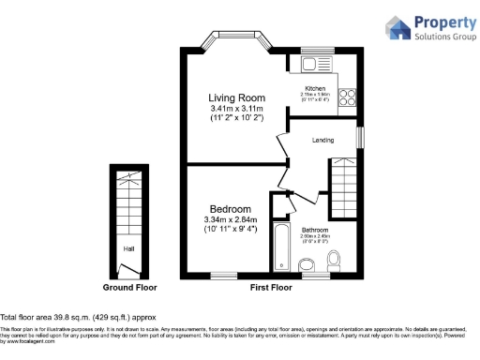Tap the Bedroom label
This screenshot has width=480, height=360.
point(230,208)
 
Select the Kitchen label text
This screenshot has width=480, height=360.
point(315,88)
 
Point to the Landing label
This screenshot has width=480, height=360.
point(324,140)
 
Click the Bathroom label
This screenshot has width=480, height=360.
point(315,229)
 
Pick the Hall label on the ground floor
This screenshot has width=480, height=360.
point(127,248)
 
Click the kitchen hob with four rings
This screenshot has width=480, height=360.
point(347,96)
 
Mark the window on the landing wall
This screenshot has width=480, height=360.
point(360,137)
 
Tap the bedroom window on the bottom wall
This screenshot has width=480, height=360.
point(223,275)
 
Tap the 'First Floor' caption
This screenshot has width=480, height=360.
point(273,287)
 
